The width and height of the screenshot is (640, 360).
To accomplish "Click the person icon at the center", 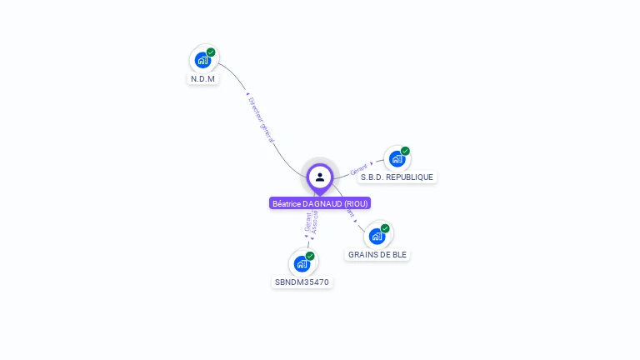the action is click(x=320, y=177).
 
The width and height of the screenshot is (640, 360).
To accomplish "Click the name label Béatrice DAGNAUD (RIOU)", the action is click(x=320, y=203).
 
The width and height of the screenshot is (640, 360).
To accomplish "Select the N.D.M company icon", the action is click(x=202, y=60).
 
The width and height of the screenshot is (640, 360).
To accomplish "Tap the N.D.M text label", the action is click(x=202, y=79).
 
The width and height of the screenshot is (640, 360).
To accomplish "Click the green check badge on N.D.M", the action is click(x=211, y=52).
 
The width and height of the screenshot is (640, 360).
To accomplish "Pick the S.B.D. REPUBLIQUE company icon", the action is click(x=397, y=158).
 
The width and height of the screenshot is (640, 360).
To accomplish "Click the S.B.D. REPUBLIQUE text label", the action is click(x=397, y=177).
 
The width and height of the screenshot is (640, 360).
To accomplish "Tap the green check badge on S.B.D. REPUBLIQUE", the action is click(x=405, y=151).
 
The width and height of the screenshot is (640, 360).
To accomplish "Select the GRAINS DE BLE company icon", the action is click(x=377, y=236).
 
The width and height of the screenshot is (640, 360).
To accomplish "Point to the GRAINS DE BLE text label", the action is click(x=377, y=255).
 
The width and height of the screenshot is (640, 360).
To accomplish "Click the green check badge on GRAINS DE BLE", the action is click(x=385, y=228).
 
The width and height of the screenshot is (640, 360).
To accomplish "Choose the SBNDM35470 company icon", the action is click(x=302, y=263).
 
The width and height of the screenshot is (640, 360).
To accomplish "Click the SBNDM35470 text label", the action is click(x=302, y=282).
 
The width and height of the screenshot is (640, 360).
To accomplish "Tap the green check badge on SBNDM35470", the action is click(x=310, y=256).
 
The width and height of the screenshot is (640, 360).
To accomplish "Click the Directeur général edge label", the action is click(x=262, y=120).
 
